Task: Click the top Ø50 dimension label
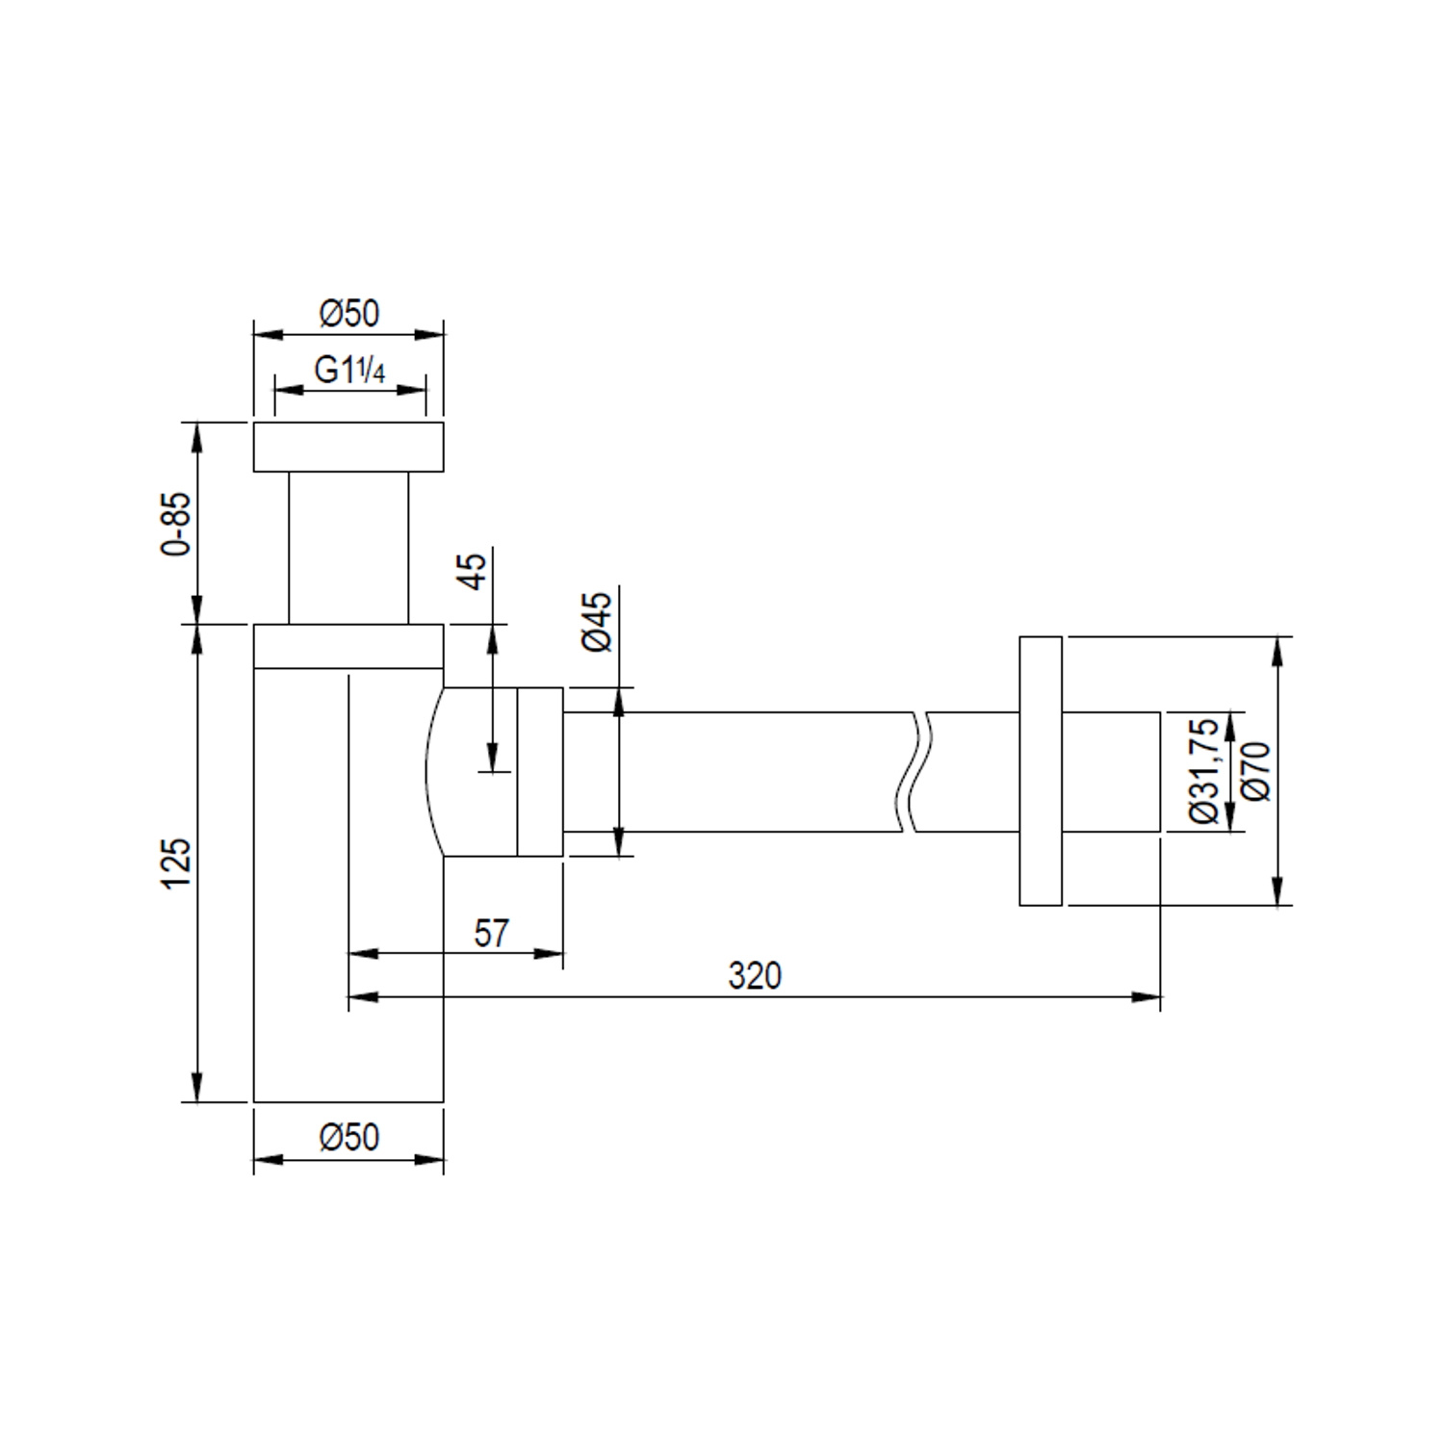(349, 313)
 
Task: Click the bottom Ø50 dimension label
(349, 1137)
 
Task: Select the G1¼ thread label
(349, 370)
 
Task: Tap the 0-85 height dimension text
(177, 524)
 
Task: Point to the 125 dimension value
(177, 864)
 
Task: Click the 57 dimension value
(491, 933)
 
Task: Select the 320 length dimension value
(755, 976)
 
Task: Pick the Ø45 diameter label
(597, 622)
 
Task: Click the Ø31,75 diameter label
(1204, 771)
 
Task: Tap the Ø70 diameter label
(1256, 771)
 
